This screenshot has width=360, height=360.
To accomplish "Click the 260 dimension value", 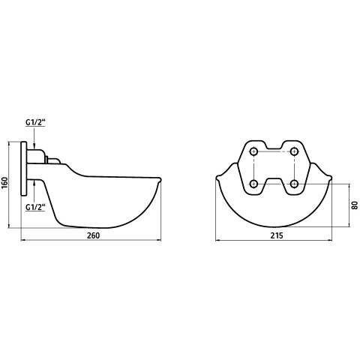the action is pyautogui.click(x=93, y=235).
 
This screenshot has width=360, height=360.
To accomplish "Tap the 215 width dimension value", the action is pyautogui.click(x=277, y=235).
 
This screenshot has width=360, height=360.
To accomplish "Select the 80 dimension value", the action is pyautogui.click(x=355, y=205).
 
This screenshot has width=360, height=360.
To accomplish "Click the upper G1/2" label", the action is pyautogui.click(x=35, y=122).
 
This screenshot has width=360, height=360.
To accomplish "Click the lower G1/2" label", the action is pyautogui.click(x=35, y=207).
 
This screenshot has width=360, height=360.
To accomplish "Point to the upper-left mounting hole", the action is pyautogui.click(x=254, y=151).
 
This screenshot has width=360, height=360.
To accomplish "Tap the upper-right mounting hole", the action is pyautogui.click(x=295, y=151).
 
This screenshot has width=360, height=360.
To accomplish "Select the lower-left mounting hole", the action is pyautogui.click(x=254, y=184).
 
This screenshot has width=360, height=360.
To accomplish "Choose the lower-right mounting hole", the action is pyautogui.click(x=295, y=184).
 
